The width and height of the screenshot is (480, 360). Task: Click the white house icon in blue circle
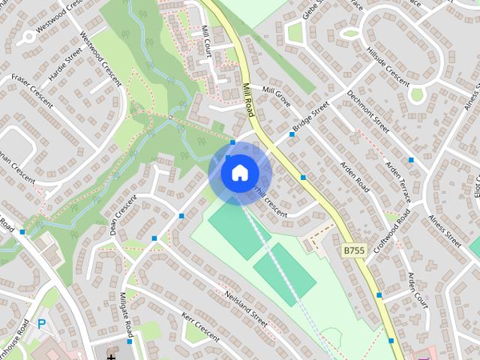pos(238,172)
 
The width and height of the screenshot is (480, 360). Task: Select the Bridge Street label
pos(310,118)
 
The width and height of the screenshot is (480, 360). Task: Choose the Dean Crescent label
pos(124,214)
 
